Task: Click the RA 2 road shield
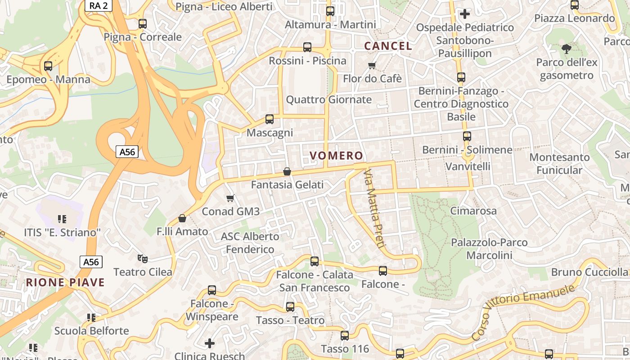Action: (98, 5)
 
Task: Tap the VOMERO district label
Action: (336, 156)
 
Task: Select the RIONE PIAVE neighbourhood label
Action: (65, 283)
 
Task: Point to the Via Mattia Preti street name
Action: (374, 209)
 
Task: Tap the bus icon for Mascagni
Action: (270, 119)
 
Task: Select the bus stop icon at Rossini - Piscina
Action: (307, 47)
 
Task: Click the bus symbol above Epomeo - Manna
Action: (48, 66)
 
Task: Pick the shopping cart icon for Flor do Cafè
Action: (372, 66)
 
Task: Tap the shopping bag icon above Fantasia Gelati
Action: (287, 171)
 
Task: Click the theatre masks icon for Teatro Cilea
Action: (143, 259)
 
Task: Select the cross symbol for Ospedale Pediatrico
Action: (465, 14)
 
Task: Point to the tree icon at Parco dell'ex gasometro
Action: (567, 49)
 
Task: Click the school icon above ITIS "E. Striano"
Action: (62, 219)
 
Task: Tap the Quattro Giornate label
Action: (329, 99)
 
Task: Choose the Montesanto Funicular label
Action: (559, 164)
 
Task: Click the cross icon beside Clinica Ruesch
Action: (210, 344)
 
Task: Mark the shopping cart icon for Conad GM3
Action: (230, 198)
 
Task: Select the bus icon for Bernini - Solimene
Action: (467, 136)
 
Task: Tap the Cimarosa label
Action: (473, 211)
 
